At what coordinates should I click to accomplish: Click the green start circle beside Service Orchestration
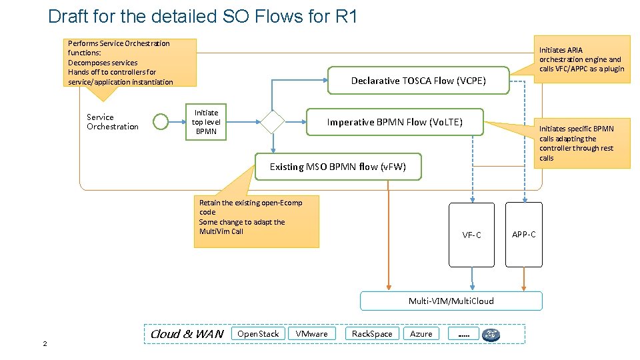pyautogui.click(x=161, y=121)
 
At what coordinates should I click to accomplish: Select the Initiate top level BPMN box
pyautogui.click(x=206, y=122)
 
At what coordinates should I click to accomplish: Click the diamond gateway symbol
pyautogui.click(x=272, y=122)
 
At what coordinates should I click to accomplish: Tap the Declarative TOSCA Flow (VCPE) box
pyautogui.click(x=418, y=81)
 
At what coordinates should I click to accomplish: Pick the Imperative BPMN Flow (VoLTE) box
pyautogui.click(x=394, y=122)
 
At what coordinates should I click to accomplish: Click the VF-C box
pyautogui.click(x=471, y=235)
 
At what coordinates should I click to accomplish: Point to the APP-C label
pyautogui.click(x=523, y=234)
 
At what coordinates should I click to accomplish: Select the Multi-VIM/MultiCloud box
pyautogui.click(x=451, y=301)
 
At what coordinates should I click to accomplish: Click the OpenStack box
pyautogui.click(x=258, y=333)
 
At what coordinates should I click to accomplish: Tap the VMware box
pyautogui.click(x=311, y=333)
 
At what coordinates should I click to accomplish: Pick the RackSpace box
pyautogui.click(x=372, y=333)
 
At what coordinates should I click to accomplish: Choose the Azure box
pyautogui.click(x=421, y=333)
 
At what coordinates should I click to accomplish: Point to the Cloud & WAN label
pyautogui.click(x=187, y=333)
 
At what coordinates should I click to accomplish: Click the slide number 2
pyautogui.click(x=45, y=343)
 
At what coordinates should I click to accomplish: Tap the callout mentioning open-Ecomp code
pyautogui.click(x=256, y=221)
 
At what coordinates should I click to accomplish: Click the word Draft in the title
pyautogui.click(x=71, y=16)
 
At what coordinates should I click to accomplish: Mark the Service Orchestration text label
pyautogui.click(x=112, y=121)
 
